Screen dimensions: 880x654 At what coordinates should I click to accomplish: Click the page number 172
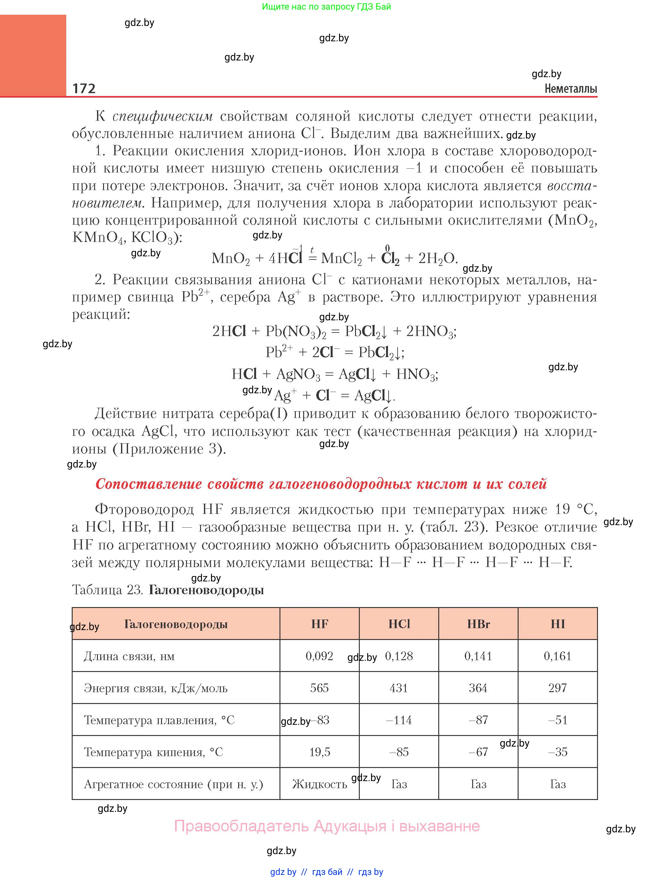84,88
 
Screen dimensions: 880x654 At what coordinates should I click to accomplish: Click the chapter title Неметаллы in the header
570,89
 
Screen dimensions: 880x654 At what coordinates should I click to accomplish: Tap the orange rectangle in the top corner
33,55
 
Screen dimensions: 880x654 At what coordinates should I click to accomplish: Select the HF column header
319,624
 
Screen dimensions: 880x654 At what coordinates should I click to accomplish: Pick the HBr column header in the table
478,624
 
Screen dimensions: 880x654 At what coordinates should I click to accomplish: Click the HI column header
557,624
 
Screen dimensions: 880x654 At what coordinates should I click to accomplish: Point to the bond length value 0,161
557,656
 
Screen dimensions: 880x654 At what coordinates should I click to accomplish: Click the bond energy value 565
319,688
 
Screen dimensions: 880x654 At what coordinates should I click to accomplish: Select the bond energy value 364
478,688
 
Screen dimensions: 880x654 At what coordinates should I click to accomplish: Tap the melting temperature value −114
399,720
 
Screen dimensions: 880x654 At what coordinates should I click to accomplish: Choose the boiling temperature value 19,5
319,752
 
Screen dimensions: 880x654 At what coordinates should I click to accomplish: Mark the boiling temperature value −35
557,752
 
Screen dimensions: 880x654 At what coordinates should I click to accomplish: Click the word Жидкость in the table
319,784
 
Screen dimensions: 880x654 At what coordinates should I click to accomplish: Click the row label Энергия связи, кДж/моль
156,688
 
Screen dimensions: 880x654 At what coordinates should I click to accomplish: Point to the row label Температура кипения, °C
153,752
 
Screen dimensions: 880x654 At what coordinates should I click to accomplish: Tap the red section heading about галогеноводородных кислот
321,484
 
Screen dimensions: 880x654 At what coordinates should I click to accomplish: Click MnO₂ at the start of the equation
231,258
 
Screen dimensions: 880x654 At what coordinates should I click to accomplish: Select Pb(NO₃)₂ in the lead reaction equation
296,331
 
